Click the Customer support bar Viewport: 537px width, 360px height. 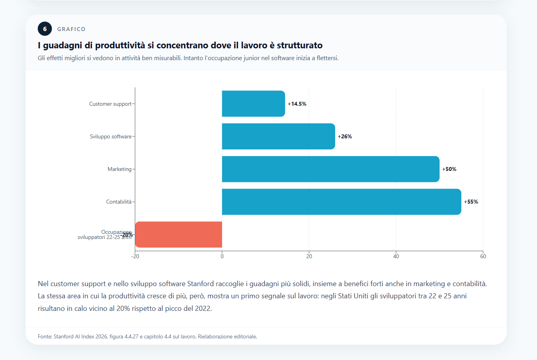(x=253, y=104)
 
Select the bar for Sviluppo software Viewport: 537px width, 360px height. (x=278, y=136)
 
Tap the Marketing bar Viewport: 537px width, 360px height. (x=331, y=169)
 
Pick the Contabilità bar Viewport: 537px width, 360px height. (x=341, y=202)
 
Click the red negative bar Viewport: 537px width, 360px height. (x=178, y=235)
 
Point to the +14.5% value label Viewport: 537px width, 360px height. (x=297, y=104)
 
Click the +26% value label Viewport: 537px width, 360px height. (x=345, y=136)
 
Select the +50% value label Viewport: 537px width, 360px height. (x=449, y=169)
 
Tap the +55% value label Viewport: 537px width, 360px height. (x=471, y=202)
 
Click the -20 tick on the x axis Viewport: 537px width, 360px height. (x=135, y=256)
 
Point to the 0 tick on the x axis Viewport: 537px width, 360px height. (x=222, y=256)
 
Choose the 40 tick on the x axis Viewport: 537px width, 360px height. (x=396, y=256)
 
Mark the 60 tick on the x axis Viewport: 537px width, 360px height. (x=483, y=256)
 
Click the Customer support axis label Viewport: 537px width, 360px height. (x=110, y=104)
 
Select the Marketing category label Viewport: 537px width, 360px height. (x=120, y=169)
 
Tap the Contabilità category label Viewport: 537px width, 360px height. (x=119, y=202)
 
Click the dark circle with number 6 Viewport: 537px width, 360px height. (x=45, y=29)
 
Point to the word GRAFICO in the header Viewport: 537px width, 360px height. (x=71, y=29)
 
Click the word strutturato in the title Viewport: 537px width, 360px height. (x=300, y=45)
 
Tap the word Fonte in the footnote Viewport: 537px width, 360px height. (x=44, y=336)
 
